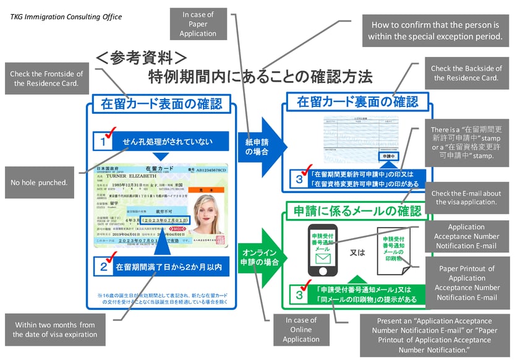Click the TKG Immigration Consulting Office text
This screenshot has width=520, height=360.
66,17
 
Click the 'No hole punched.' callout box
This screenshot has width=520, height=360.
40,183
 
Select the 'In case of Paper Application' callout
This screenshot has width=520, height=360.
198,24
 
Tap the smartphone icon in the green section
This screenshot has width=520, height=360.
323,249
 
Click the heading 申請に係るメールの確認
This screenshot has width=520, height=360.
365,210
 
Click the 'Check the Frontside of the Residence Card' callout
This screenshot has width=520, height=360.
46,79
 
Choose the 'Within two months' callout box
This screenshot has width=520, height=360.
55,329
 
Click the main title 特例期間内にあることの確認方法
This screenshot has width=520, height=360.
260,77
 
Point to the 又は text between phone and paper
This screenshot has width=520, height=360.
358,252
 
